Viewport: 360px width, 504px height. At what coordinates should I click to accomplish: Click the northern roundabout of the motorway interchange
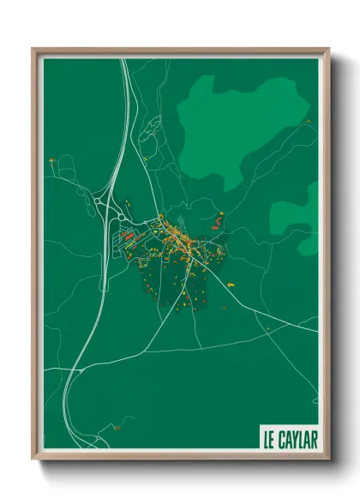point(102,201)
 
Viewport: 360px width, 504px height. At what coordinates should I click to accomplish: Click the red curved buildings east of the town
point(218,221)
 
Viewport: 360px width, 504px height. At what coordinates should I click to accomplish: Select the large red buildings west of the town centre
point(128,233)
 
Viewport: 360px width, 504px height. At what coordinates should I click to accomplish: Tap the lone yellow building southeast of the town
point(225,307)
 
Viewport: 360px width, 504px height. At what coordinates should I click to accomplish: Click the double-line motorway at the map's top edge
point(125,62)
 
